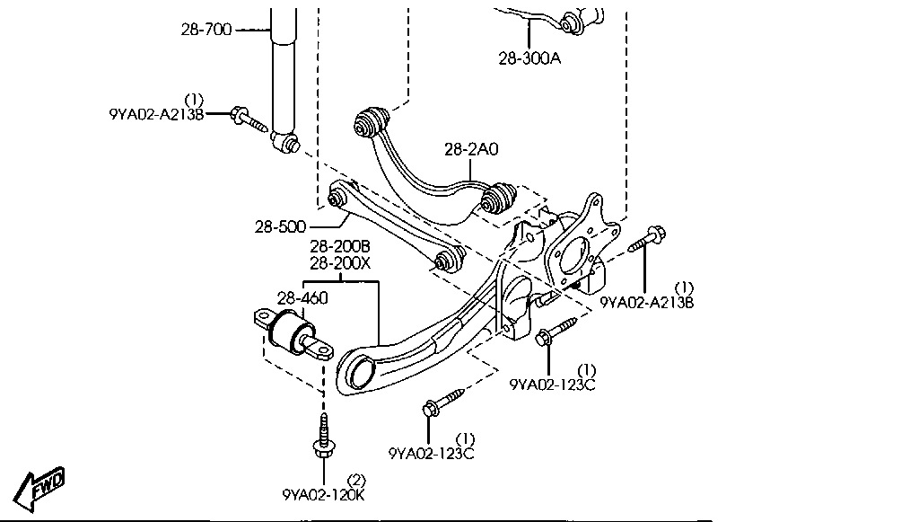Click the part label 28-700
pos(206,30)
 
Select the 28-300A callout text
pos(529,58)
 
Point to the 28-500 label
pos(280,226)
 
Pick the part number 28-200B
pos(340,246)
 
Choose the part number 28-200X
pos(340,263)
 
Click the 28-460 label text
pos(302,297)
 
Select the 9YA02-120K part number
pos(323,494)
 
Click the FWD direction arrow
pos(41,486)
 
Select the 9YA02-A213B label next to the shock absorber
pos(157,114)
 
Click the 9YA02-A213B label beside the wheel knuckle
pos(647,303)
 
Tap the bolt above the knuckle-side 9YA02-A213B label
pos(647,239)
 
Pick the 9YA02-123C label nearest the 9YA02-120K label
pos(432,453)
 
